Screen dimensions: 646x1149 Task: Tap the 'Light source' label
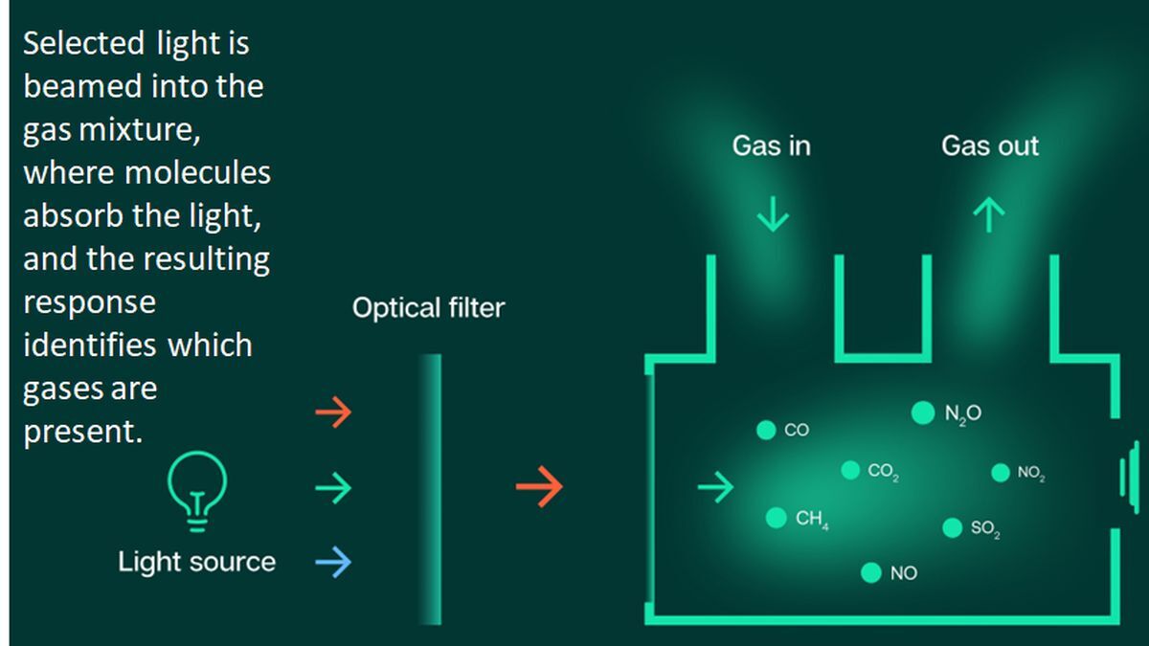tap(196, 562)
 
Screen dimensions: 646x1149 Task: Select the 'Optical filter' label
tap(428, 309)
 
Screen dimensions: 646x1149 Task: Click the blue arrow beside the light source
tap(333, 563)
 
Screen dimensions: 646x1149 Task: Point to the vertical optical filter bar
tap(433, 488)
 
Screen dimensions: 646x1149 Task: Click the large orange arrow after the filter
tap(539, 488)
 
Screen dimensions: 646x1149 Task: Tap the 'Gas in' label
tap(772, 146)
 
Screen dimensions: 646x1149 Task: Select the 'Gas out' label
tap(990, 146)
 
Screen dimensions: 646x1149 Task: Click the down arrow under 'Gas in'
tap(773, 215)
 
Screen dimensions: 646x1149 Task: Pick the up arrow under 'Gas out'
tap(989, 215)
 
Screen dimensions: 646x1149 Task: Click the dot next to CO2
tap(850, 470)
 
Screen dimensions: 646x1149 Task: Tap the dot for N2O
tap(922, 412)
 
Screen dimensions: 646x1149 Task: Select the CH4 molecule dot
tap(777, 518)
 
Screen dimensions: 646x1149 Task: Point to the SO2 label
tap(985, 528)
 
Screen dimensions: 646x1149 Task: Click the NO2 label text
tap(1030, 473)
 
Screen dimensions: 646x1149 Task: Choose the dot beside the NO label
tap(870, 572)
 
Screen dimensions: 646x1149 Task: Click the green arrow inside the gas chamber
tap(715, 488)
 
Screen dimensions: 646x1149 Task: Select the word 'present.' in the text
tap(82, 431)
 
